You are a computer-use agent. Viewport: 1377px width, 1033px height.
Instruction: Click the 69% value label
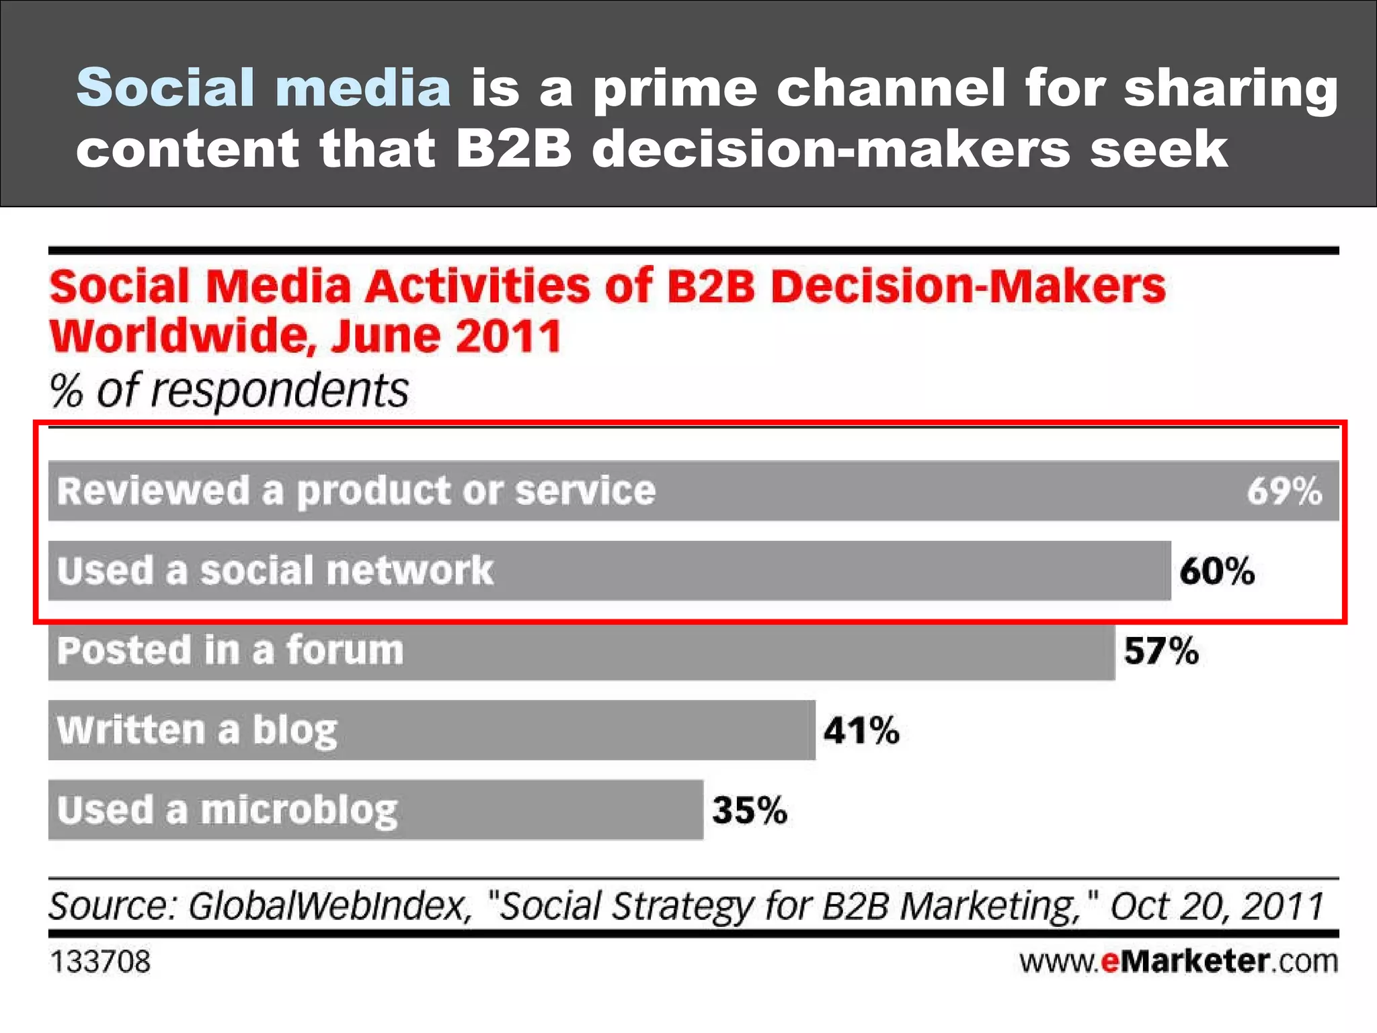tap(1284, 491)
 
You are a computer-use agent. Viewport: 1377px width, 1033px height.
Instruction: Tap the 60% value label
tap(1217, 571)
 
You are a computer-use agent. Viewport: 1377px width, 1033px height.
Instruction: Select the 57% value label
tap(1161, 651)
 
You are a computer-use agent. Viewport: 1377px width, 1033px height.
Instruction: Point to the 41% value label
tap(861, 730)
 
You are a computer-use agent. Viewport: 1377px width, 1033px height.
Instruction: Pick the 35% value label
tap(750, 810)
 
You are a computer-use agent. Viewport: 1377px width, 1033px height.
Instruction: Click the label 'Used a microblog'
tap(227, 811)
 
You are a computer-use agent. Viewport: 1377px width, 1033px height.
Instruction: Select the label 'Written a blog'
tap(197, 730)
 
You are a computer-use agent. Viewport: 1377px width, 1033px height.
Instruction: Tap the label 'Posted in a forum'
tap(230, 650)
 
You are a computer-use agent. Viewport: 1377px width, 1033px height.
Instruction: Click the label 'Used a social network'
tap(275, 571)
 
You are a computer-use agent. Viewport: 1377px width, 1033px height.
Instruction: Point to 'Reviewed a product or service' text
tap(356, 491)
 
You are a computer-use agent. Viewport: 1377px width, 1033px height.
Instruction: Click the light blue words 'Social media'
tap(264, 87)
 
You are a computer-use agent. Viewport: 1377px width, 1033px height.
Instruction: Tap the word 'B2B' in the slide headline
tap(513, 149)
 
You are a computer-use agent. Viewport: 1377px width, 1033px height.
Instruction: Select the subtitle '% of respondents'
tap(229, 391)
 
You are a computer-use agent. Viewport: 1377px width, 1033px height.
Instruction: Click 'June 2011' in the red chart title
tap(446, 336)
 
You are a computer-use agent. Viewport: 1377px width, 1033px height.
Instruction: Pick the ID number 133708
tap(100, 962)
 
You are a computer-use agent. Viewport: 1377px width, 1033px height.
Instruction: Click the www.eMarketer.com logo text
tap(1178, 961)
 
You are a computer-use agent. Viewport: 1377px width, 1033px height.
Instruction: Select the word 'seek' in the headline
tap(1158, 149)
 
